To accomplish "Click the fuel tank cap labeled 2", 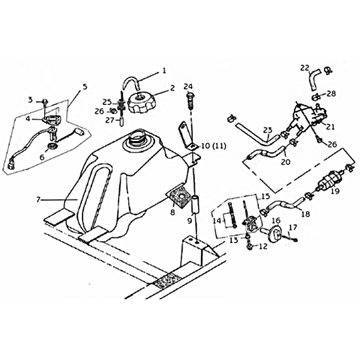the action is click(x=142, y=103).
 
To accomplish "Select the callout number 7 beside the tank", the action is click(x=38, y=199).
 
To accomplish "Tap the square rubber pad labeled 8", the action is click(x=179, y=198).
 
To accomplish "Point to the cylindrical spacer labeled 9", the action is click(x=195, y=204).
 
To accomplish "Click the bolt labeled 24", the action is click(x=190, y=100).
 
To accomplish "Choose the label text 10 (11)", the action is click(x=214, y=145).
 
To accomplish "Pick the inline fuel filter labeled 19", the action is click(x=328, y=179).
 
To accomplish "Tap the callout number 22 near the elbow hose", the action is click(x=304, y=67).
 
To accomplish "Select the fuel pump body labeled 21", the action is click(x=306, y=115).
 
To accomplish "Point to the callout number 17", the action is click(x=293, y=227).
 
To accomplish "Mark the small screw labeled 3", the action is click(x=45, y=101).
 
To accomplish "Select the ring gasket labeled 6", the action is click(x=52, y=146).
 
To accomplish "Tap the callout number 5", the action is click(x=85, y=87).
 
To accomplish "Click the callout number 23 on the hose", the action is click(x=268, y=130).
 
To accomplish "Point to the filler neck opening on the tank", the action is click(x=136, y=138).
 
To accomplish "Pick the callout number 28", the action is click(x=331, y=94).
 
